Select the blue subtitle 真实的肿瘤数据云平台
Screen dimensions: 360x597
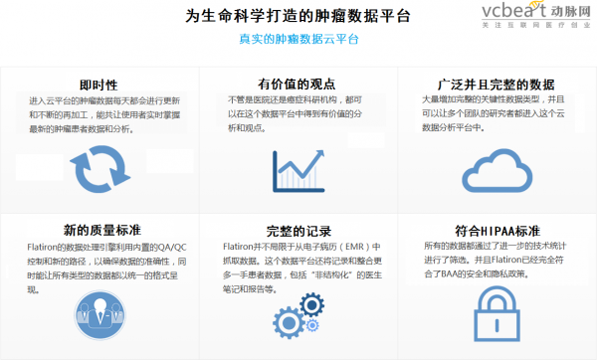click(298, 41)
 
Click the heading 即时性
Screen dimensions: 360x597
click(99, 85)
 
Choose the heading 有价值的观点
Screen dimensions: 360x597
click(298, 85)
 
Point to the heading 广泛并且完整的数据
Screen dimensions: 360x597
click(497, 85)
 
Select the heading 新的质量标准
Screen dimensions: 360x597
click(99, 230)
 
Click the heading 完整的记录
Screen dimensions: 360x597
click(298, 230)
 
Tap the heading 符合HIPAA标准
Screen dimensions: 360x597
click(497, 230)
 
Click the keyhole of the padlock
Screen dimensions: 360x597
click(496, 322)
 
